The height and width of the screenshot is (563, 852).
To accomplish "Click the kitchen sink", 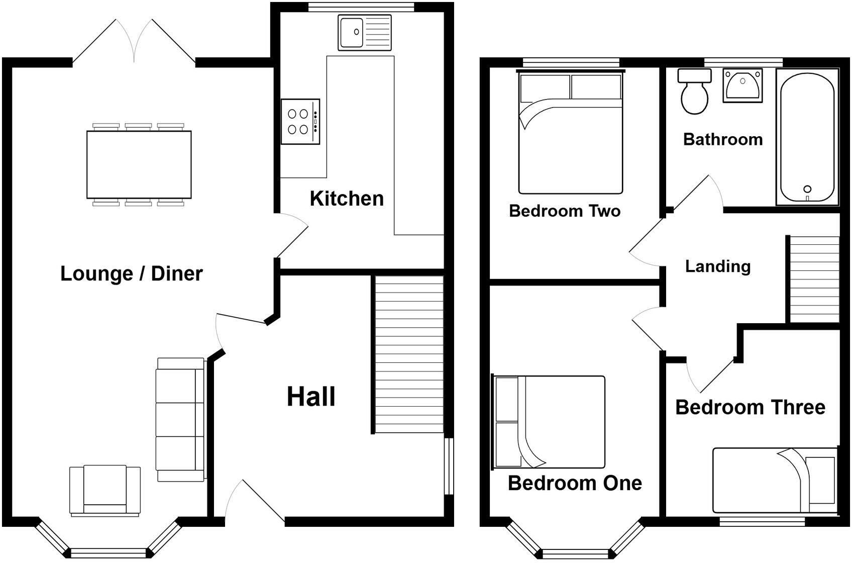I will [364, 32].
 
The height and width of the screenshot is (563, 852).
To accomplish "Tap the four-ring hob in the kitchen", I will [300, 122].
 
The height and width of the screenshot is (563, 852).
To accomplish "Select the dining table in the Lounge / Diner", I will [139, 164].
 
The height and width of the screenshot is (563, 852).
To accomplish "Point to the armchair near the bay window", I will [105, 491].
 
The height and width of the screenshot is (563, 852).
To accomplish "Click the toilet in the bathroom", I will [694, 93].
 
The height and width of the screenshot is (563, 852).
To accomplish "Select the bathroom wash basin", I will [742, 85].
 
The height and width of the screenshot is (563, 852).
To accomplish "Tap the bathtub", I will [807, 137].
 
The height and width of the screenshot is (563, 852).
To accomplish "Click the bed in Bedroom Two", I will [570, 133].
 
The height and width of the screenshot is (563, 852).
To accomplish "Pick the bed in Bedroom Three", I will [774, 481].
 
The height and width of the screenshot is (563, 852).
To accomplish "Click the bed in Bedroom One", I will [550, 422].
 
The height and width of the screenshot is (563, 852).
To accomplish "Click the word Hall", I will [311, 397].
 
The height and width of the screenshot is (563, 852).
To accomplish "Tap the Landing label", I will [717, 266].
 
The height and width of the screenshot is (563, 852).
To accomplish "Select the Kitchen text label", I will [347, 199].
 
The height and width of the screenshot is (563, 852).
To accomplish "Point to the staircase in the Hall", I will [409, 354].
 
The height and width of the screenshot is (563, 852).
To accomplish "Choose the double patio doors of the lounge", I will [134, 42].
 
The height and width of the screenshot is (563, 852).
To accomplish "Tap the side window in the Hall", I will [449, 466].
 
